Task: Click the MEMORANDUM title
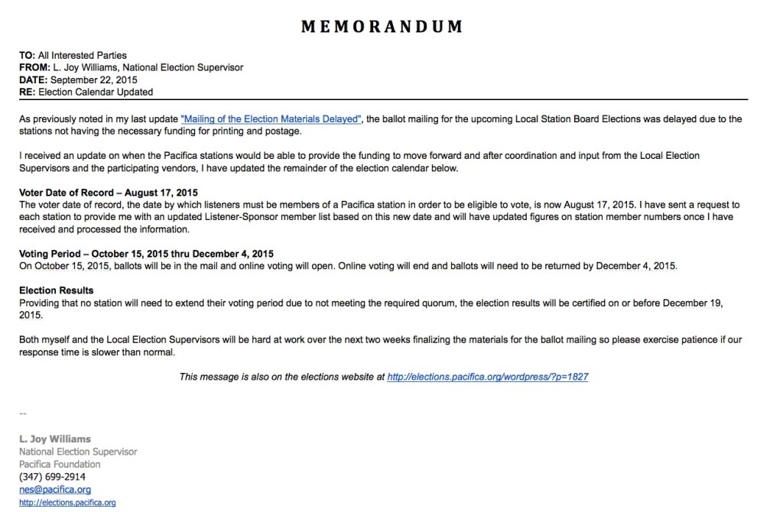pos(382,28)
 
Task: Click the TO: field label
pos(28,55)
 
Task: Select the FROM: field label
pos(34,67)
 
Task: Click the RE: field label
pos(28,92)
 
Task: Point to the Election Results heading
pos(57,290)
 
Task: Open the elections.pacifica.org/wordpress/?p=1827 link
pos(488,377)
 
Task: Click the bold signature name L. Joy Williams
pos(55,439)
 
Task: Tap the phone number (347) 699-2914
pos(53,477)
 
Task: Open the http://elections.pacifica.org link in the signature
pos(67,502)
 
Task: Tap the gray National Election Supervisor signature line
pos(78,452)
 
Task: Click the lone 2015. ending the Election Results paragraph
pos(31,315)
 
